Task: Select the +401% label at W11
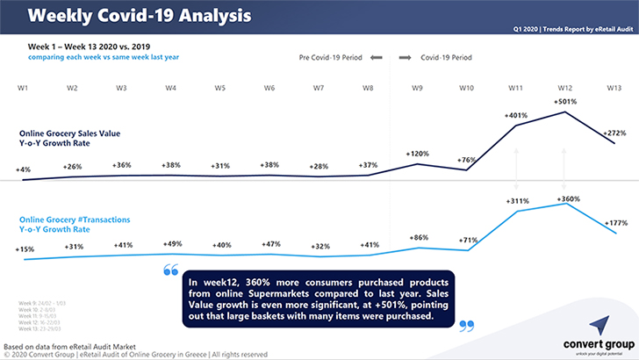517,115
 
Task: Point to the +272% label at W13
617,133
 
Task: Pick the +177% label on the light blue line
616,223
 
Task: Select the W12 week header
565,88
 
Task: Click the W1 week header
23,88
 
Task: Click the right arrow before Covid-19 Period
405,59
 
